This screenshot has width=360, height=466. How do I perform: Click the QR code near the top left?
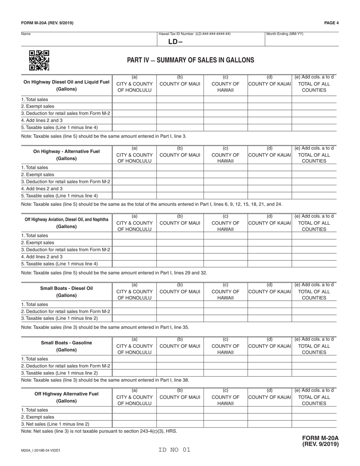pyautogui.click(x=39, y=61)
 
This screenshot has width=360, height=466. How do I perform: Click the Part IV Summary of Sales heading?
pyautogui.click(x=191, y=60)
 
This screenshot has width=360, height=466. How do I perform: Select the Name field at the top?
pyautogui.click(x=89, y=39)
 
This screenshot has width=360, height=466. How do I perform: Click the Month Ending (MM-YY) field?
pyautogui.click(x=301, y=40)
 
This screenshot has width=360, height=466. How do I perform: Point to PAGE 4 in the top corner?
pyautogui.click(x=331, y=23)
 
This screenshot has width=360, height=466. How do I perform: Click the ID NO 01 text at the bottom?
pyautogui.click(x=175, y=450)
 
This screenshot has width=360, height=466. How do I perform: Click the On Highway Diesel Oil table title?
pyautogui.click(x=66, y=86)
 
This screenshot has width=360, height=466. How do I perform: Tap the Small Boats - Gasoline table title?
pyautogui.click(x=66, y=346)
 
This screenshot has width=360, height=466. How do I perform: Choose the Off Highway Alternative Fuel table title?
pyautogui.click(x=66, y=397)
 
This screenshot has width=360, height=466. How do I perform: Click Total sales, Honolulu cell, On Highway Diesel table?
pyautogui.click(x=134, y=100)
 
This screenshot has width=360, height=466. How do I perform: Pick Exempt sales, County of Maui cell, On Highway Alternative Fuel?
pyautogui.click(x=180, y=175)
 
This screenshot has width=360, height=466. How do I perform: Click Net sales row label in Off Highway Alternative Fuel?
pyautogui.click(x=55, y=424)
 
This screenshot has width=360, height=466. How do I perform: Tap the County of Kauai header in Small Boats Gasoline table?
pyautogui.click(x=269, y=346)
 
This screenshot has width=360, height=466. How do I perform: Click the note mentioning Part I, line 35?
pyautogui.click(x=105, y=327)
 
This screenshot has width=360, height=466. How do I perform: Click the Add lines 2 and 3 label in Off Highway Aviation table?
pyautogui.click(x=42, y=256)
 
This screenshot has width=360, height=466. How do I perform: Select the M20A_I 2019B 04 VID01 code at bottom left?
pyautogui.click(x=41, y=451)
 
